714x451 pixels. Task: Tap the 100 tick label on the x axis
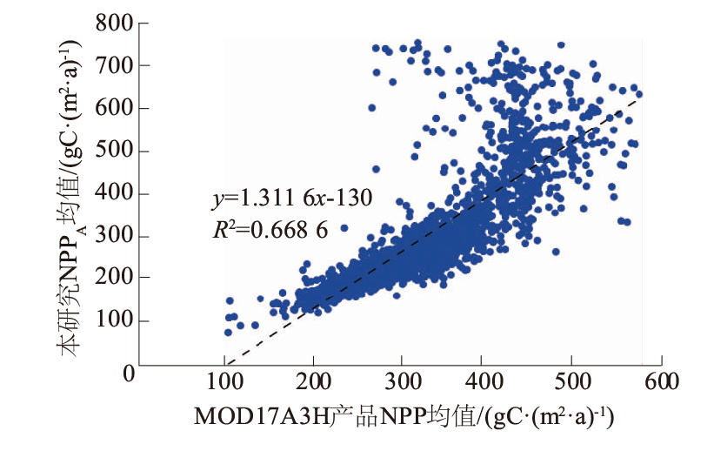point(225,383)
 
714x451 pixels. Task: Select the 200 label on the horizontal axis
point(312,383)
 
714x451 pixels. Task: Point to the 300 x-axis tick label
point(400,383)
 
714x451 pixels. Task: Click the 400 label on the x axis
point(487,383)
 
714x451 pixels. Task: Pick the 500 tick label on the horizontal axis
point(574,383)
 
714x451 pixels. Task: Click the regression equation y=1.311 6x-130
point(291,199)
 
